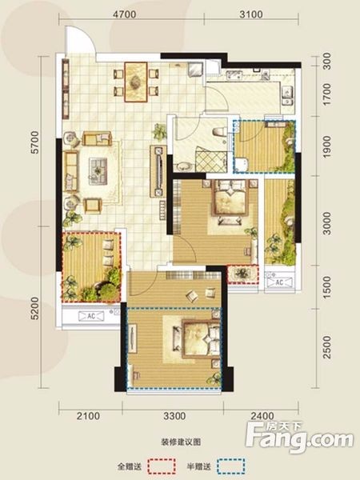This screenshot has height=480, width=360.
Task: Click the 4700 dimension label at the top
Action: pos(124,14)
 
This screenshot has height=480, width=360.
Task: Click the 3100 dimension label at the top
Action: pos(250,14)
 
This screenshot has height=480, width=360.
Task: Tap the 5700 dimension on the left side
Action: pos(35,142)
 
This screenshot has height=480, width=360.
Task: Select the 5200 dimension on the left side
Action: pos(35,308)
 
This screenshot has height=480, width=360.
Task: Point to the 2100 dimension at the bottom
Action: pos(88,416)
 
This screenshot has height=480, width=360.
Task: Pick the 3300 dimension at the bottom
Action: pos(174,416)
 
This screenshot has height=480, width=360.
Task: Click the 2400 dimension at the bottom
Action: pos(262,416)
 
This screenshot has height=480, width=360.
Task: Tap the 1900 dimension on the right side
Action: pos(327,147)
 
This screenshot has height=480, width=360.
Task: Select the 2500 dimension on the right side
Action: pos(327,347)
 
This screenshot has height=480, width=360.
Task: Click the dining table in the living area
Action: pos(136,82)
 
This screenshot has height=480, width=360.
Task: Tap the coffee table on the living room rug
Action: pos(98,171)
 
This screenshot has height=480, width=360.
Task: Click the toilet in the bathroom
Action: pos(219,133)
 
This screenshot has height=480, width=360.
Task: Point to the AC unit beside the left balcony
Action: pos(91,316)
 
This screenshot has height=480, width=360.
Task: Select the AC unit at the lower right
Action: pos(279,282)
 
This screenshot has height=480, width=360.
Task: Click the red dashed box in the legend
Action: pos(162,466)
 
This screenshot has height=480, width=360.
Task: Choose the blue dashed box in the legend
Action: pos(231,466)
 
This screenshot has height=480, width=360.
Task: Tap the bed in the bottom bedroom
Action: pos(201,338)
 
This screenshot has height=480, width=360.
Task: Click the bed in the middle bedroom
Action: pos(230,197)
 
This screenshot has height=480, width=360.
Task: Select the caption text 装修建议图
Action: pos(181,442)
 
